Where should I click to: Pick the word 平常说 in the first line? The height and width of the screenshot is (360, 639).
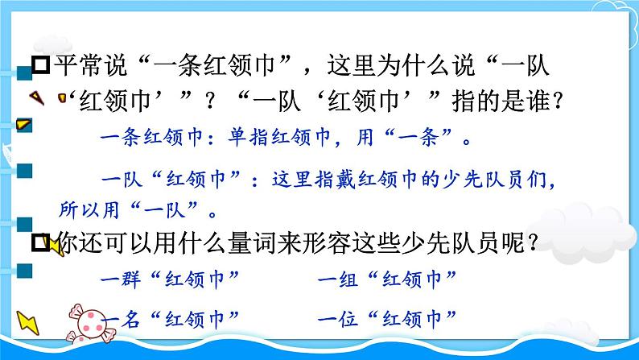(85, 61)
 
